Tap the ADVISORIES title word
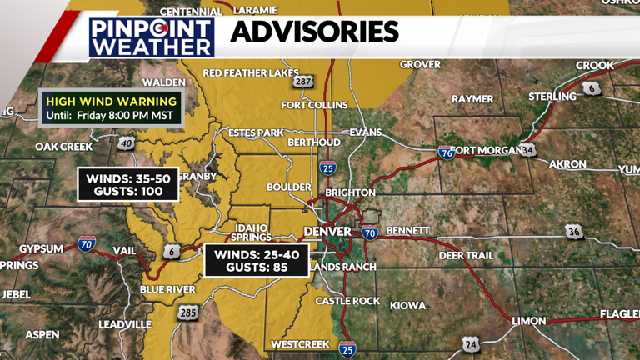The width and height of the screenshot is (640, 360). [314, 33]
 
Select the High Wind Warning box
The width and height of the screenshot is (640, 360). [112, 108]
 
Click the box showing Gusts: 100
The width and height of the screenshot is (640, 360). [129, 184]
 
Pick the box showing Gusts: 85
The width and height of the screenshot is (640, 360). [256, 261]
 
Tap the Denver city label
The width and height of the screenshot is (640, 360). [327, 231]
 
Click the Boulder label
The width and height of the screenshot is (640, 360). [288, 187]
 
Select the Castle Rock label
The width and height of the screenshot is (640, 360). [342, 301]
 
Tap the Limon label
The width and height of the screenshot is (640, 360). [528, 321]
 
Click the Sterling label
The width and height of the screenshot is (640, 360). [552, 97]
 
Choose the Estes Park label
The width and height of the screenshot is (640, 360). [257, 132]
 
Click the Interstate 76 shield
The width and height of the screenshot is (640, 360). [446, 152]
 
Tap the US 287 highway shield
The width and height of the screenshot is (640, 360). [302, 81]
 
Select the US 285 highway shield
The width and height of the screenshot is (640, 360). [187, 312]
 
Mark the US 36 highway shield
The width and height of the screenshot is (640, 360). [573, 232]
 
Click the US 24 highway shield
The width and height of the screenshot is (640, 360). [472, 343]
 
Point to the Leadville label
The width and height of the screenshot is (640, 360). [125, 324]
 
